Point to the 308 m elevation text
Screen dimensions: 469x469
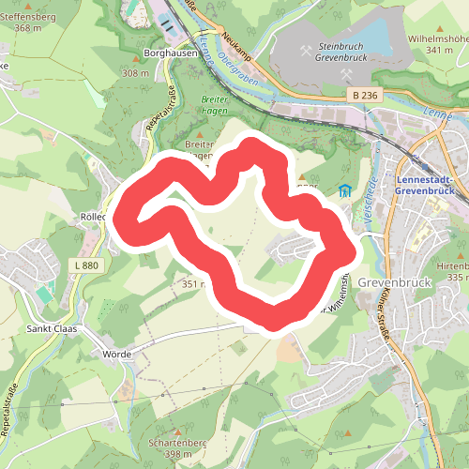point(135,73)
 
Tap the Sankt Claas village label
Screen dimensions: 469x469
point(52,329)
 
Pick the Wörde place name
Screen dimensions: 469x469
point(113,355)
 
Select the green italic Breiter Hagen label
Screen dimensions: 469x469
point(215,104)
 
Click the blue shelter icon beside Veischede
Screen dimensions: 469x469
point(346,191)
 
